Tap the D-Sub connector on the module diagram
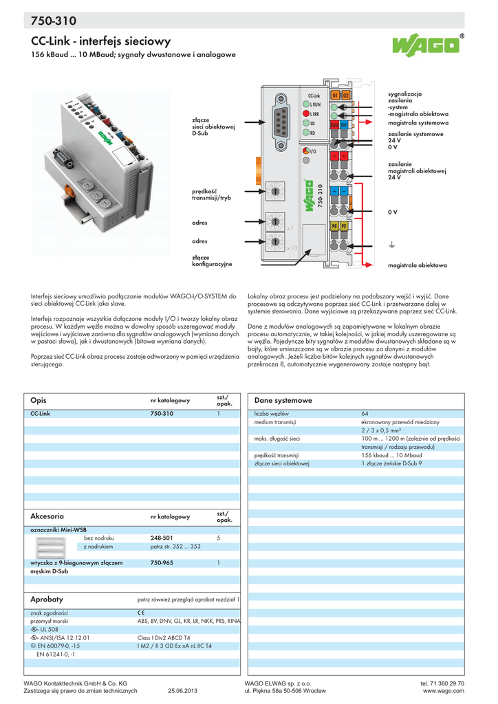point(281,124)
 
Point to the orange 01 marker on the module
point(335,95)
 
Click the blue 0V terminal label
point(344,126)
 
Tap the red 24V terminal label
point(334,126)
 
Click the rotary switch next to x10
point(274,241)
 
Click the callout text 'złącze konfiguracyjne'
point(212,261)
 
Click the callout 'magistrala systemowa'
point(418,122)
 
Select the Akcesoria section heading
point(47,515)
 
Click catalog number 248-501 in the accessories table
point(162,538)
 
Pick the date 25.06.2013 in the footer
point(182,691)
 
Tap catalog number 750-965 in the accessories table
point(162,562)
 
